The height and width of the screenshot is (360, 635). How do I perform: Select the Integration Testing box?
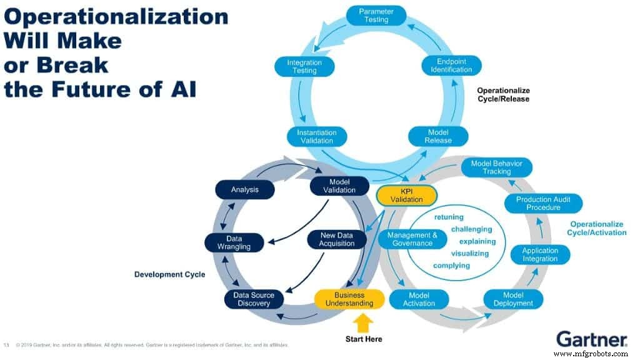pyautogui.click(x=304, y=66)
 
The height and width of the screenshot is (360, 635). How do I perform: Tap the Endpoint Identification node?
pyautogui.click(x=451, y=66)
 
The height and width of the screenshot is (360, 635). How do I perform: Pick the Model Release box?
pyautogui.click(x=438, y=136)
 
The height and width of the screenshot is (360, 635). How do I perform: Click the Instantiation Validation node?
pyautogui.click(x=316, y=136)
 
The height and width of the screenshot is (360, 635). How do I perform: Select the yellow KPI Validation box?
pyautogui.click(x=407, y=195)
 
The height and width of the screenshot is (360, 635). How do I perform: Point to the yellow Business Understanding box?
pyautogui.click(x=349, y=299)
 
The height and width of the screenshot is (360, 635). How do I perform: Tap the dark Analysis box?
pyautogui.click(x=244, y=189)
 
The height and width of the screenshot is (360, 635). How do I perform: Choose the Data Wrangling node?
pyautogui.click(x=234, y=242)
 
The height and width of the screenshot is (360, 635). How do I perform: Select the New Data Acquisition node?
pyautogui.click(x=336, y=239)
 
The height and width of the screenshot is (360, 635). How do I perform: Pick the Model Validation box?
pyautogui.click(x=339, y=186)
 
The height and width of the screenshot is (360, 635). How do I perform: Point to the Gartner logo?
pyautogui.click(x=591, y=339)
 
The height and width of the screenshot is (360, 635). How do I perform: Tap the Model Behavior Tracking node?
pyautogui.click(x=496, y=167)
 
